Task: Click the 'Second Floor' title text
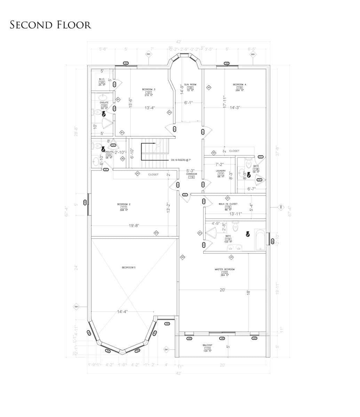pyautogui.click(x=50, y=25)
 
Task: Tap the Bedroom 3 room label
pyautogui.click(x=149, y=90)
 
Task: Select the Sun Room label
pyautogui.click(x=190, y=85)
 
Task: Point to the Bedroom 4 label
pyautogui.click(x=239, y=85)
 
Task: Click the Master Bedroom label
pyautogui.click(x=224, y=270)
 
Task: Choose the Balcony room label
pyautogui.click(x=208, y=345)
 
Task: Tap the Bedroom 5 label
pyautogui.click(x=128, y=267)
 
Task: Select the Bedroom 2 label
pyautogui.click(x=124, y=204)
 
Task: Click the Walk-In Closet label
pyautogui.click(x=228, y=204)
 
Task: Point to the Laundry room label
pyautogui.click(x=221, y=171)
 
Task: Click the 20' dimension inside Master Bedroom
pyautogui.click(x=223, y=290)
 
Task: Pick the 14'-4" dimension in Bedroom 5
pyautogui.click(x=122, y=312)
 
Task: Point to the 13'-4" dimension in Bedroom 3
pyautogui.click(x=150, y=108)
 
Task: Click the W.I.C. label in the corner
pyautogui.click(x=102, y=79)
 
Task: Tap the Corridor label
pyautogui.click(x=191, y=174)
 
